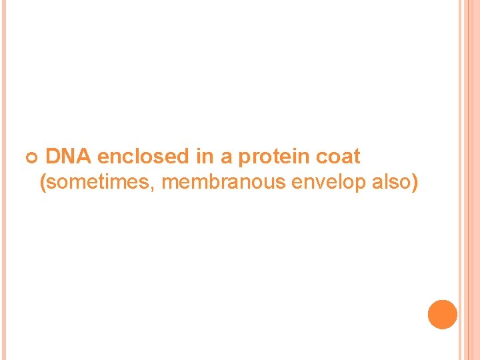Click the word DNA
coord(69,157)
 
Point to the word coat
coord(338,157)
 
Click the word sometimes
coord(100,181)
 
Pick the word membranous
coord(224,181)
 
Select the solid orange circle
coord(442,315)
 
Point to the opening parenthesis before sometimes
coord(43,181)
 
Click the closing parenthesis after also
coord(415,181)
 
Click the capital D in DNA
coord(53,157)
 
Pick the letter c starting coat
coord(321,157)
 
